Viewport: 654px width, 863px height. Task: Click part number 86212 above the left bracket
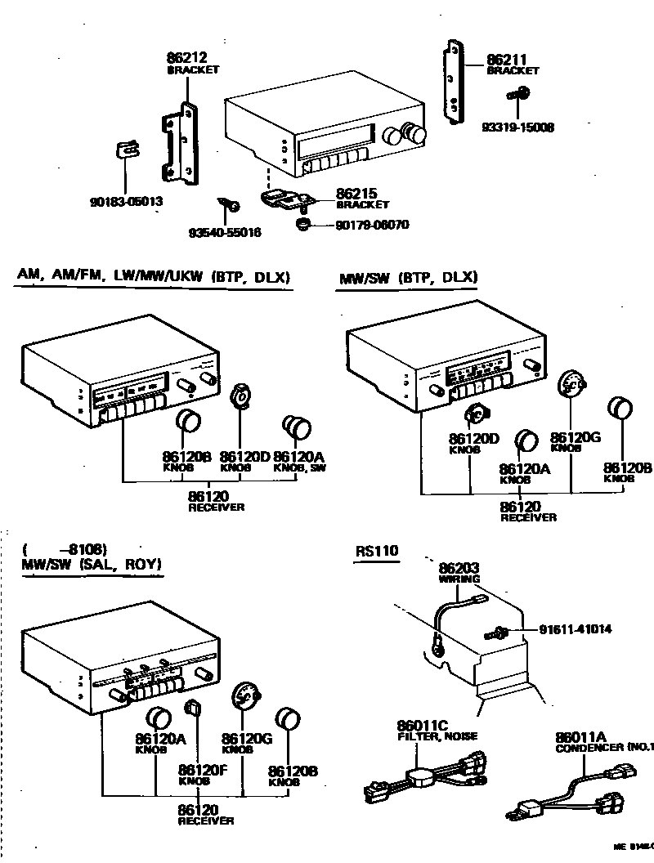tap(186, 58)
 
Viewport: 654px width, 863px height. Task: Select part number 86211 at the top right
tap(507, 60)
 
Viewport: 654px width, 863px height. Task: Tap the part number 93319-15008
tap(517, 127)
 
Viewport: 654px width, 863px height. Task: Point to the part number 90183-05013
tap(126, 201)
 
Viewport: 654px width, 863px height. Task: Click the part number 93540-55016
tap(225, 233)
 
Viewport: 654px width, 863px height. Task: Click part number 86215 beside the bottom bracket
tap(356, 195)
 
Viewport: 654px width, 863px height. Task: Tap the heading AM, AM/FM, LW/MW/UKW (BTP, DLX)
tap(154, 277)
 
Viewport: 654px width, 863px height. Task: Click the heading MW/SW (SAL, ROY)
tap(92, 565)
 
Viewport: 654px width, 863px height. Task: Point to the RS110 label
tap(377, 551)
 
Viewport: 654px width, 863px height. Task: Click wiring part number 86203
tap(459, 568)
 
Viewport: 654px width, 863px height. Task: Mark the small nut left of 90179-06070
tap(301, 223)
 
